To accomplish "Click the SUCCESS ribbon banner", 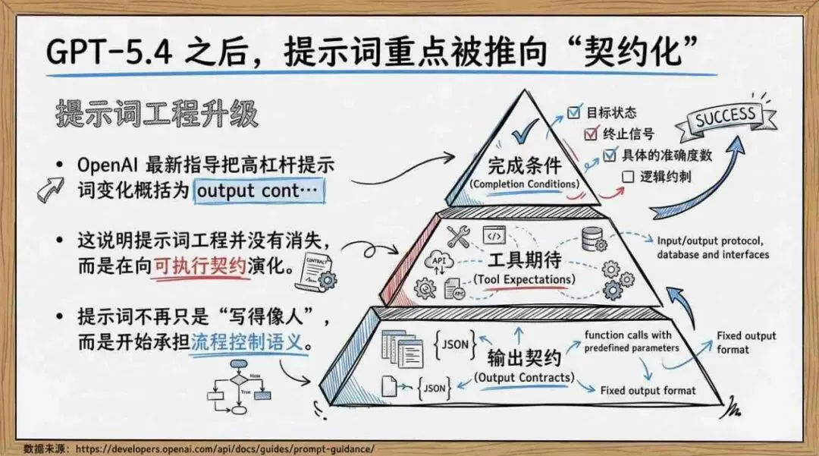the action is point(726,118).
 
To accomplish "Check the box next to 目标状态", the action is point(574,114).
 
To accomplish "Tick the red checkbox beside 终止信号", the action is point(589,134).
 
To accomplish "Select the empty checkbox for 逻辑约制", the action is point(626,177).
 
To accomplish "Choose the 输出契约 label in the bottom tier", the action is point(522,358).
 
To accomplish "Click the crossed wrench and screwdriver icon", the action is point(459,237).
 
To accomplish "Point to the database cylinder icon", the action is point(592,237).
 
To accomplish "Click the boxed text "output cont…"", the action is point(258,190).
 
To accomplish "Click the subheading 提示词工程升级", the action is point(157,114).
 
